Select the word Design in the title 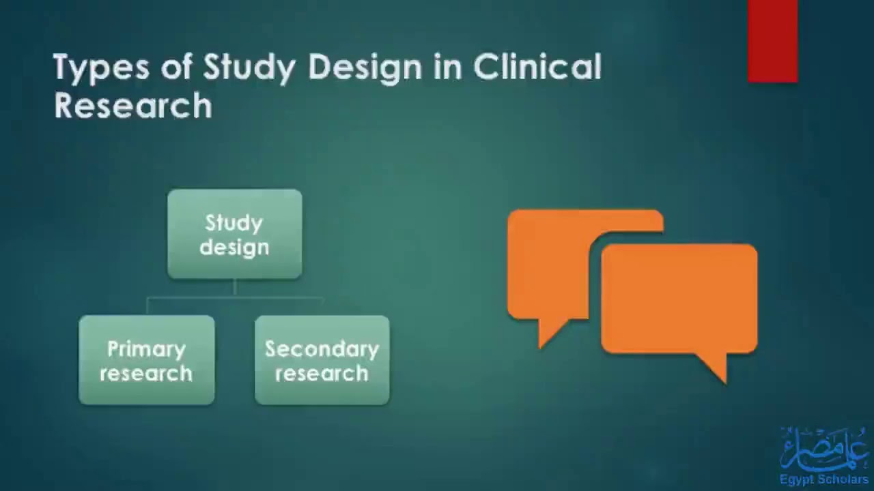(x=365, y=68)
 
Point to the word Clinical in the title (x=537, y=67)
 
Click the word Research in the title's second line (x=133, y=106)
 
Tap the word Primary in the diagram (x=146, y=349)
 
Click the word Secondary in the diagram (x=322, y=349)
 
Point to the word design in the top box (x=234, y=248)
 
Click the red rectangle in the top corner (x=772, y=41)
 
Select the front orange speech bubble (x=679, y=299)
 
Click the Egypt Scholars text (x=823, y=479)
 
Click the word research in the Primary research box (x=146, y=374)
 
